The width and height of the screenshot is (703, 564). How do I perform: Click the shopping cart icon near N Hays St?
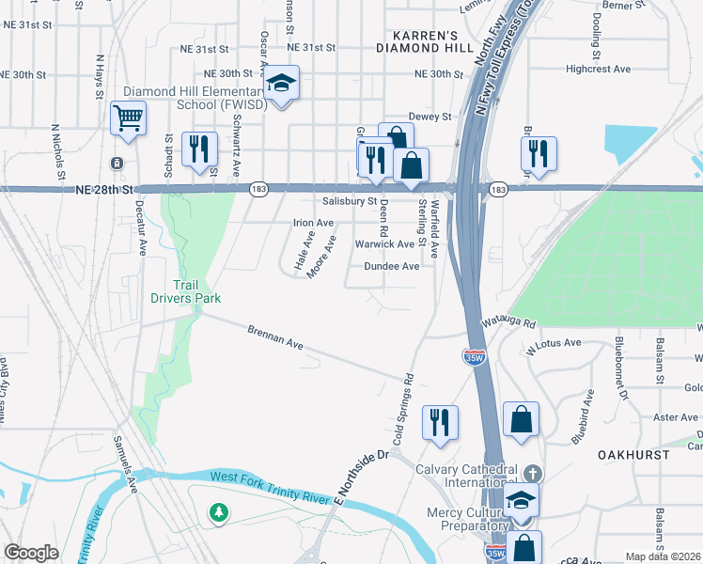(128, 119)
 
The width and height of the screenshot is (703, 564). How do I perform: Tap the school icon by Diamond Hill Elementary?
(280, 84)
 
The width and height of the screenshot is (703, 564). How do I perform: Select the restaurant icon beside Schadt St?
(199, 149)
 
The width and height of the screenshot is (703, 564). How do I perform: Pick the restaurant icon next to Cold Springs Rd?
(439, 422)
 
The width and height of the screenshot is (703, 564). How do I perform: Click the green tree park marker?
(219, 512)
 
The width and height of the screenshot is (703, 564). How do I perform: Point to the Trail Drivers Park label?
(185, 291)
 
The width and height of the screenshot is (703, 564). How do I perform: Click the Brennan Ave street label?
(275, 338)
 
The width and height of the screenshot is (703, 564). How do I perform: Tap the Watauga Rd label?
(508, 321)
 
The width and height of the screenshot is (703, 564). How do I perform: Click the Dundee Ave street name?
(393, 266)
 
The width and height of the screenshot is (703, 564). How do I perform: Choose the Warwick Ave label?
(384, 244)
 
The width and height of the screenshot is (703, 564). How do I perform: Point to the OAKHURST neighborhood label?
(633, 454)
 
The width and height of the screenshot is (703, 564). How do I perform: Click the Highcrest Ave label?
(598, 69)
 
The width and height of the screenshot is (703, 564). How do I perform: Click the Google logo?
(31, 553)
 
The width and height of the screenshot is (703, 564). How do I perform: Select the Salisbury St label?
(349, 201)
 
